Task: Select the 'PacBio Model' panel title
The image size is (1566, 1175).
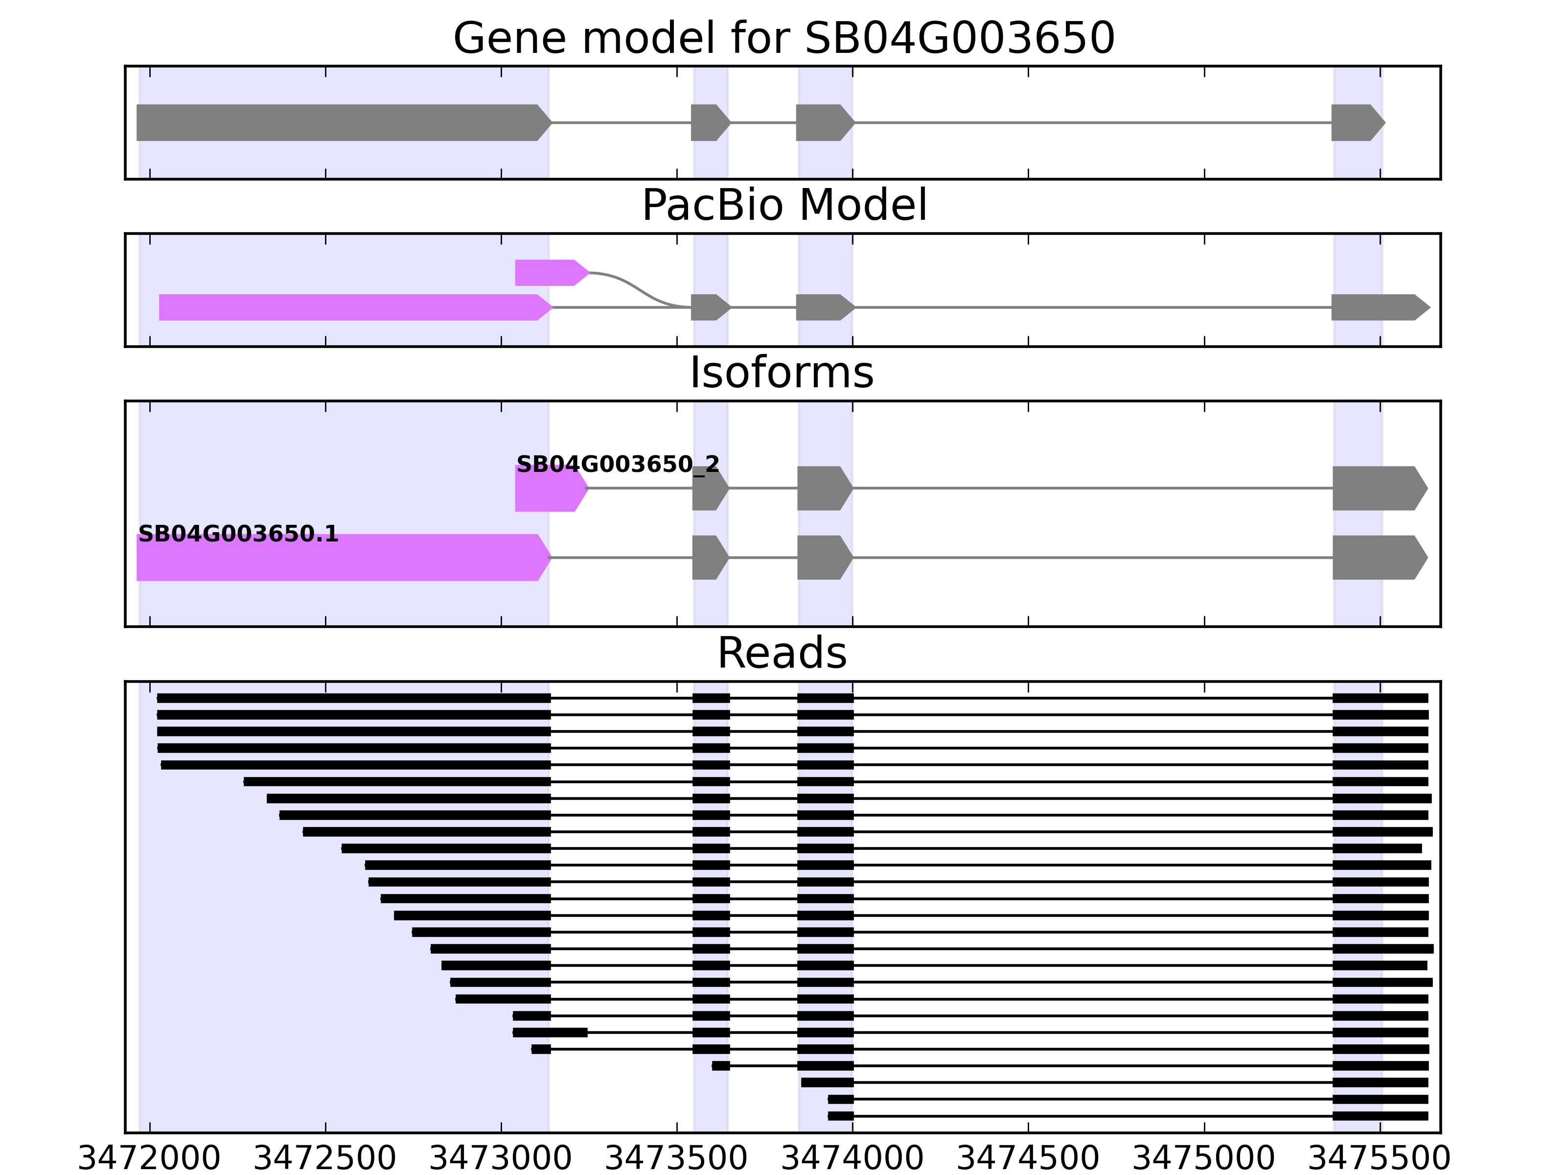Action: pos(783,206)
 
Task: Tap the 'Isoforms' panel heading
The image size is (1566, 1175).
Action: pos(782,373)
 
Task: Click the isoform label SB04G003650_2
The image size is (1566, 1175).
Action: pos(617,465)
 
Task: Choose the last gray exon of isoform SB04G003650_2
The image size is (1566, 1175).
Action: pos(1377,488)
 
